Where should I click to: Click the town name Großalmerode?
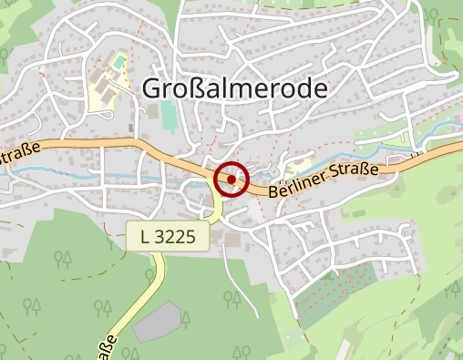click(x=234, y=88)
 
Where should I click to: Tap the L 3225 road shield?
click(x=169, y=237)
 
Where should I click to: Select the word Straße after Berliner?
click(x=354, y=171)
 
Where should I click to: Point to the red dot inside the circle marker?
click(x=232, y=180)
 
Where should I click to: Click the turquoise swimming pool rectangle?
click(x=118, y=62)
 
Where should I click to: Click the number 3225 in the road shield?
click(x=178, y=237)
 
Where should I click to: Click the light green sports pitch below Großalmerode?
click(x=170, y=117)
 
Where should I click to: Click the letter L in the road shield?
click(x=145, y=237)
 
